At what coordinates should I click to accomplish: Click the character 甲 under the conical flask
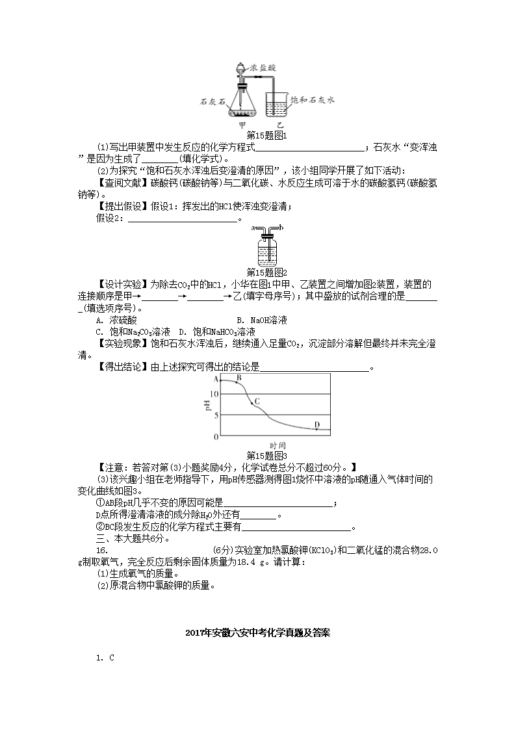242,124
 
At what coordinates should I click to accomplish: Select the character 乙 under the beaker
280,124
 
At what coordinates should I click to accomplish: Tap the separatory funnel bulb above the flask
242,68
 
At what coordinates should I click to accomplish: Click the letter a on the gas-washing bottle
252,228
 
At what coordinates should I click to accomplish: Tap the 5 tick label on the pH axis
217,415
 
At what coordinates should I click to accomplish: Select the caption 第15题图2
267,272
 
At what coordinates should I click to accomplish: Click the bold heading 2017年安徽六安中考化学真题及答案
258,632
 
